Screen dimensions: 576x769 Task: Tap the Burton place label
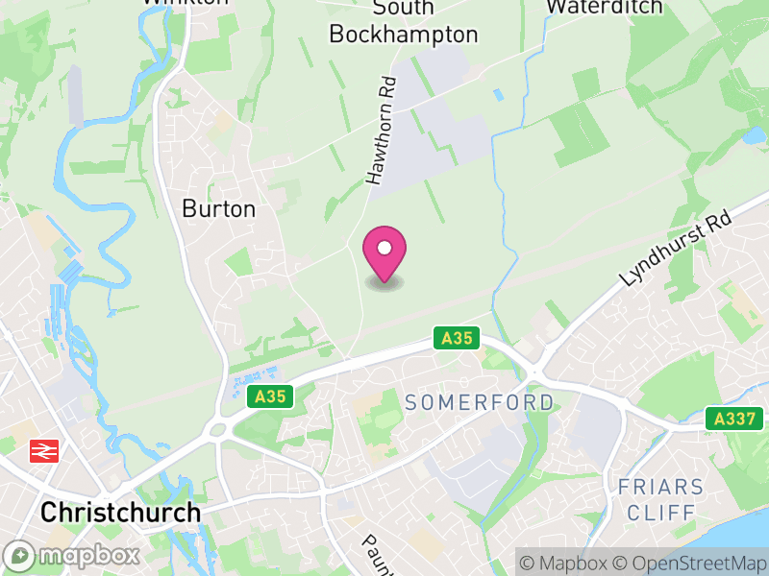coord(219,208)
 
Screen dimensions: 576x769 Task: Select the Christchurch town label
coord(120,512)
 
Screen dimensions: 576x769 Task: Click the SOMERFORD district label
coord(480,402)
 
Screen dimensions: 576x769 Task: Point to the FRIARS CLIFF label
coord(660,499)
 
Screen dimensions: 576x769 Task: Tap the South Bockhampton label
coord(403,21)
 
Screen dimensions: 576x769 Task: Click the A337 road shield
coord(733,419)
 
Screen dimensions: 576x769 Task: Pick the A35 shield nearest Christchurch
coord(269,396)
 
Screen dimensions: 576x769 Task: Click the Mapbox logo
coord(72,555)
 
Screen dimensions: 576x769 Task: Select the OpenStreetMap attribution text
coord(689,563)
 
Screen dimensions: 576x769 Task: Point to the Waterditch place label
coord(604,7)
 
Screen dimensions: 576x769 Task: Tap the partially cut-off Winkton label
coord(185,3)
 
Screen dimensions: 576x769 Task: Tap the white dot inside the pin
coord(384,249)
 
